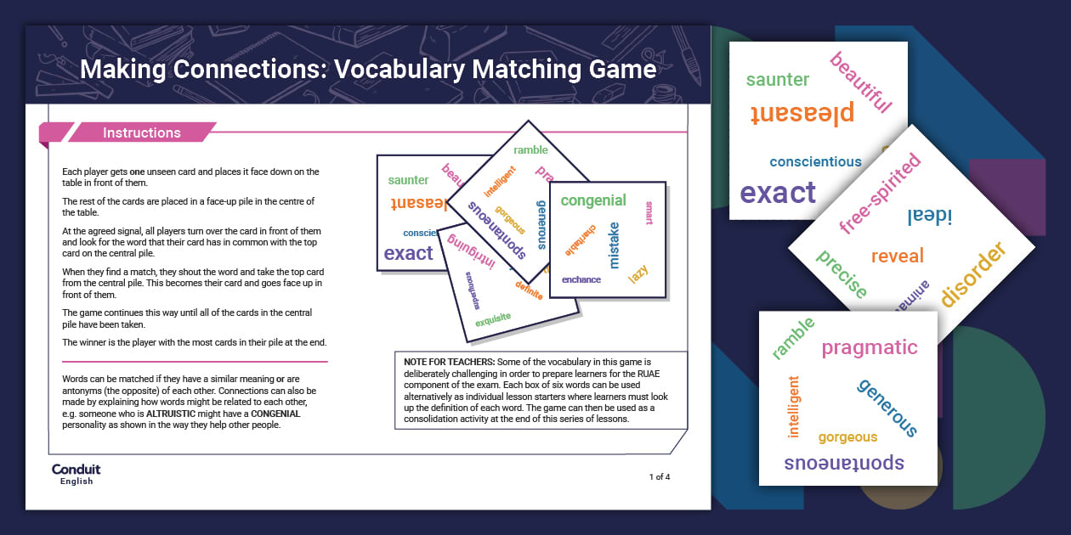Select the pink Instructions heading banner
[141, 132]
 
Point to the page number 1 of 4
[660, 476]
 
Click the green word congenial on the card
[593, 200]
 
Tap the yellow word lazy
[637, 274]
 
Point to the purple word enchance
[581, 279]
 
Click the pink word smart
[649, 212]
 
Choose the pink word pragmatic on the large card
[870, 347]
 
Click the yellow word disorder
[973, 273]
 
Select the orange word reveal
[897, 256]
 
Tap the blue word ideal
[930, 216]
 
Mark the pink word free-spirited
[880, 194]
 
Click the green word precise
[841, 274]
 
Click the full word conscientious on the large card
[815, 161]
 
